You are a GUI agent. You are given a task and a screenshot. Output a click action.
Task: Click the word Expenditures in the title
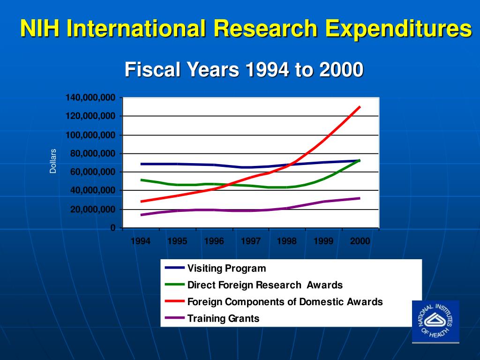pyautogui.click(x=399, y=29)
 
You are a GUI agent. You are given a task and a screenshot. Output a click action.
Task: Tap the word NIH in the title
pyautogui.click(x=39, y=29)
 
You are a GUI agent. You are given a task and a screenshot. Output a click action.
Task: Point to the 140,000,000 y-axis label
pyautogui.click(x=90, y=97)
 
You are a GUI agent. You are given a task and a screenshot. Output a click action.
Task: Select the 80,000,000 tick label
pyautogui.click(x=93, y=154)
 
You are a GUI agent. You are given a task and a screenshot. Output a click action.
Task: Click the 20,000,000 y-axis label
pyautogui.click(x=93, y=210)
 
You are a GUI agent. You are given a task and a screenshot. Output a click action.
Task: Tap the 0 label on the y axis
pyautogui.click(x=113, y=228)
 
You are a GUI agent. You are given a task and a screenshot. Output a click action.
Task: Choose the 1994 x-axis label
pyautogui.click(x=141, y=241)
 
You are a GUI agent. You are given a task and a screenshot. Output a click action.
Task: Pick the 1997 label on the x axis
pyautogui.click(x=250, y=241)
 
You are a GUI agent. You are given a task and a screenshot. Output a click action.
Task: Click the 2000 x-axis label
pyautogui.click(x=360, y=241)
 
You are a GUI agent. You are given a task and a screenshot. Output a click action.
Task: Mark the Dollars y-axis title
pyautogui.click(x=53, y=161)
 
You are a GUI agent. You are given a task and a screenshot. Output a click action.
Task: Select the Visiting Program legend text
pyautogui.click(x=226, y=269)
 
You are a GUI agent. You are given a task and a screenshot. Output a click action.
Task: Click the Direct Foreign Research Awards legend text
pyautogui.click(x=265, y=285)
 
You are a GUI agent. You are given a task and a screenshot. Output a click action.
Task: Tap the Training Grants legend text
pyautogui.click(x=223, y=319)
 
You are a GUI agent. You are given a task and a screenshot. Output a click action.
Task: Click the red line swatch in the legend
pyautogui.click(x=174, y=301)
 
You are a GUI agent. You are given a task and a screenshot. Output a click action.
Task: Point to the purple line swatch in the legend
pyautogui.click(x=174, y=318)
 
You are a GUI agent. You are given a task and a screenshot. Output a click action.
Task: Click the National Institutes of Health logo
pyautogui.click(x=435, y=321)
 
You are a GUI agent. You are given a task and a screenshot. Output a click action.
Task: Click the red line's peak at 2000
pyautogui.click(x=360, y=107)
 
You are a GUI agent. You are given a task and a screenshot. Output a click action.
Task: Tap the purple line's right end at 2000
pyautogui.click(x=360, y=198)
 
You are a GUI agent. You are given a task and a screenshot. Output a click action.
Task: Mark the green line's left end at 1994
pyautogui.click(x=141, y=180)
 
